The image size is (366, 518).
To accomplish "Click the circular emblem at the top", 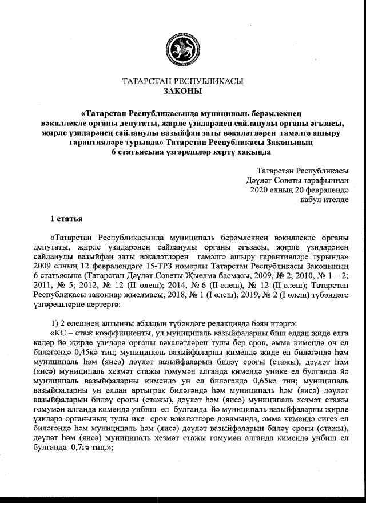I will (182, 49).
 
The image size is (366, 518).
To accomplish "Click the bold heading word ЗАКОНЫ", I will (182, 91).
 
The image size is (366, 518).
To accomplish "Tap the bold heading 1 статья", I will (68, 219).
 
